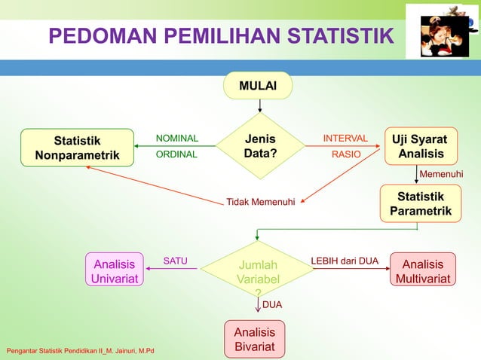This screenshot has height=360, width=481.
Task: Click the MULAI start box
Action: [257, 87]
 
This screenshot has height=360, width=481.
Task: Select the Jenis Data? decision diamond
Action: [259, 146]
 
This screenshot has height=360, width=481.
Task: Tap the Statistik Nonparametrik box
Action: [76, 147]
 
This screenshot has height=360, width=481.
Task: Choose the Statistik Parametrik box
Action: [420, 203]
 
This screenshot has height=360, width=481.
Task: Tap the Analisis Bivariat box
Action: [254, 339]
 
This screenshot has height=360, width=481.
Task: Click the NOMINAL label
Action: [176, 139]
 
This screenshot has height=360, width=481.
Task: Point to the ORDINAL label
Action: [176, 154]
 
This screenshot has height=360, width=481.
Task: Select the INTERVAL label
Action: [345, 139]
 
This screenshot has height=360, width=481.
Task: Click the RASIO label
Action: [347, 154]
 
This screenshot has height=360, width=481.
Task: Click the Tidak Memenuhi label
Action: [261, 202]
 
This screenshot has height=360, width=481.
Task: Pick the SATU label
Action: [175, 261]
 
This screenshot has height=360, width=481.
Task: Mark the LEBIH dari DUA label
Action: [345, 261]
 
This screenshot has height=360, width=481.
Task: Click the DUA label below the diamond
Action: [272, 305]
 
